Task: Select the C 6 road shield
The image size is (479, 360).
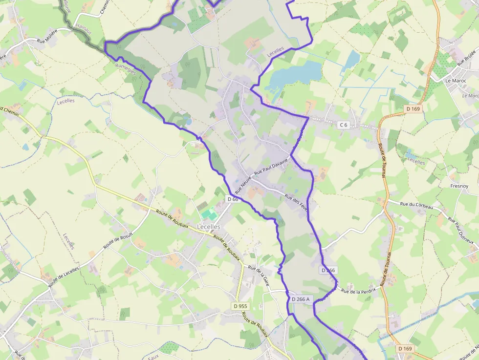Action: [344, 125]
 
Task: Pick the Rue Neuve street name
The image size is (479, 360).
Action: [243, 184]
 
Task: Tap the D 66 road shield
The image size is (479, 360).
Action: [232, 199]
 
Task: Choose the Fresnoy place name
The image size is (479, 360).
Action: [459, 186]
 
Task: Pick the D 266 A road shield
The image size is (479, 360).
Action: [300, 299]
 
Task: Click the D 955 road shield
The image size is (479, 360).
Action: [239, 306]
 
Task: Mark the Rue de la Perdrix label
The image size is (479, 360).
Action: [358, 291]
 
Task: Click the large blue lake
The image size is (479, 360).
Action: [293, 73]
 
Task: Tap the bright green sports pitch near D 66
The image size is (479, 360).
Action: [209, 214]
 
